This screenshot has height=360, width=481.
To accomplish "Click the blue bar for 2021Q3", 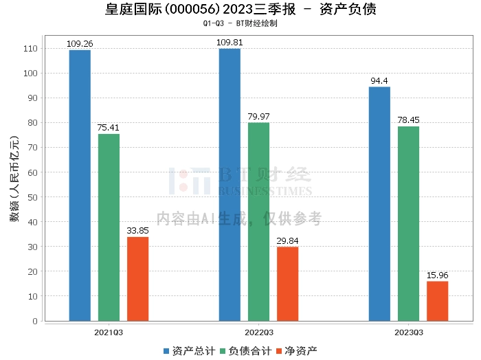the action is [x=80, y=185].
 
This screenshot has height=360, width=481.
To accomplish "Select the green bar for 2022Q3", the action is [x=258, y=222].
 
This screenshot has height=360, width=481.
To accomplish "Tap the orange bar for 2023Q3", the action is [x=438, y=301].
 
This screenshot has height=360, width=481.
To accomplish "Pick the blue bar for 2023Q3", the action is [x=379, y=204].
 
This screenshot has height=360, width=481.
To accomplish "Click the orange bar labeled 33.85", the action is [x=137, y=279].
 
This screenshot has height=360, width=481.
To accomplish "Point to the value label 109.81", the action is [x=230, y=43].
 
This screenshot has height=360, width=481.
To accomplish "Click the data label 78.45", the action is [x=408, y=120].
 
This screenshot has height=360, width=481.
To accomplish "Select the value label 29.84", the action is [x=287, y=240].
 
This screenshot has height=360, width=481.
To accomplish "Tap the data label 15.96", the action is [x=438, y=275].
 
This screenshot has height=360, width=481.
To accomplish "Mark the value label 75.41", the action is [x=109, y=128].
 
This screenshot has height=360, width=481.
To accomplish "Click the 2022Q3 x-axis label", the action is [x=259, y=333].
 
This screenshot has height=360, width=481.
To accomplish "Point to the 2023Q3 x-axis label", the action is [x=409, y=333].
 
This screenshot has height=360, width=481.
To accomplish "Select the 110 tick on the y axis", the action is [x=30, y=49].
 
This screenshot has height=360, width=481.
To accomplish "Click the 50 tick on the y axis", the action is [x=32, y=197].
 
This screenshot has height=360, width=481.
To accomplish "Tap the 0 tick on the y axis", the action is [x=35, y=321].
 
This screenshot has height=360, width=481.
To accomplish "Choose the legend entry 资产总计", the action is [x=190, y=351].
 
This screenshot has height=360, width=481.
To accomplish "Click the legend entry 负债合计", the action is [x=246, y=351].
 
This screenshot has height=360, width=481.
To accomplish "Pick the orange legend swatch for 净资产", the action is [x=279, y=351].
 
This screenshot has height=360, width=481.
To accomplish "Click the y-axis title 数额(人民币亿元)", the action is [x=14, y=179].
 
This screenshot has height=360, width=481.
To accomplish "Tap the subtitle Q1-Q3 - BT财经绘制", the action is [x=240, y=23].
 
